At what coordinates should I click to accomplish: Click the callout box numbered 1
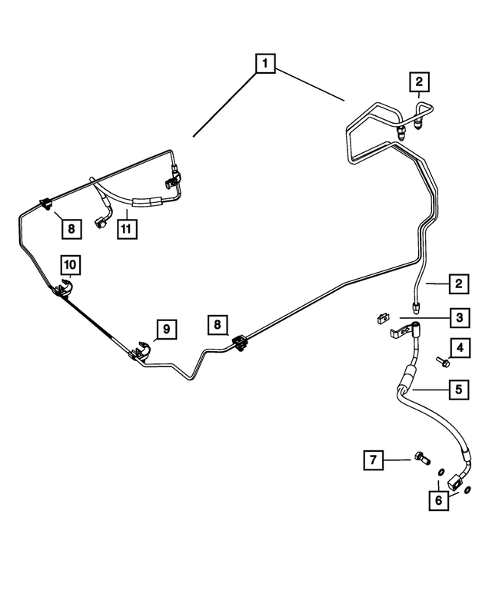coord(265,63)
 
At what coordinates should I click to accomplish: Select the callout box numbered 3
coord(459,317)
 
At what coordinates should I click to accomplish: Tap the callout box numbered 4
coord(460,347)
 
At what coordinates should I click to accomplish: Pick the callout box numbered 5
coord(458,390)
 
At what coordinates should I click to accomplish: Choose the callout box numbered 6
coord(438,500)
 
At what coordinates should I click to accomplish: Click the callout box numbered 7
coord(373,460)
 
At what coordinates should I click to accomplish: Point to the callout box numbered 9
coord(166,329)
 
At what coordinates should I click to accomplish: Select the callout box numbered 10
coord(71,264)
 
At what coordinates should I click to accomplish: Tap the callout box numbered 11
coord(127,229)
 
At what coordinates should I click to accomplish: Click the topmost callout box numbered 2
coord(419,81)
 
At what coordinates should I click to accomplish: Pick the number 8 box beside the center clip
coord(218,325)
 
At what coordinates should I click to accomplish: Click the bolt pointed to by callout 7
coord(421,458)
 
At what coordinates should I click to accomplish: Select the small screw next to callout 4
coord(443,362)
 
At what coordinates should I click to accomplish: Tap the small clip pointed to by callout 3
coord(382,318)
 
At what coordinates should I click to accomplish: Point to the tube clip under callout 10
coord(63,288)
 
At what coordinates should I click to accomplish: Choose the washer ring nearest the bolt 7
coord(440,473)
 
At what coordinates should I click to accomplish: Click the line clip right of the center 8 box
coord(240,343)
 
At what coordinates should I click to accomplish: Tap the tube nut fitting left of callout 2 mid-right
coord(416,307)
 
